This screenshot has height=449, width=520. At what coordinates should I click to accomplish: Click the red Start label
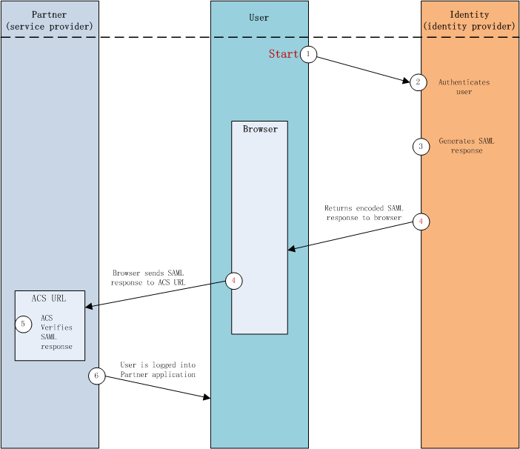(x=283, y=54)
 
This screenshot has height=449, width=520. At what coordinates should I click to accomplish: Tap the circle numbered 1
(x=308, y=54)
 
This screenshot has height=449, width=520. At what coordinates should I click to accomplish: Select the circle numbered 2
(x=419, y=82)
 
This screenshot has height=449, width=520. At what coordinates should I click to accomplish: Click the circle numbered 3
(x=421, y=147)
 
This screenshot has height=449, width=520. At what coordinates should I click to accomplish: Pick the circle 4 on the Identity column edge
(x=421, y=222)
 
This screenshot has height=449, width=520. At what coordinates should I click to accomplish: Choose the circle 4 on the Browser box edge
(x=234, y=282)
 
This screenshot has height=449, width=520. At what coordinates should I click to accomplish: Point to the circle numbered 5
(x=24, y=324)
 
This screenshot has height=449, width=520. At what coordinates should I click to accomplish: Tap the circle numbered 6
(x=96, y=376)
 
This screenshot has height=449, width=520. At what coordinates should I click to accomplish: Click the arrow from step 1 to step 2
(x=363, y=69)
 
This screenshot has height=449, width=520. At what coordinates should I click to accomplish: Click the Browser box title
(x=260, y=129)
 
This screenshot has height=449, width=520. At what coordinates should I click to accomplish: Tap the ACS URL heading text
(x=49, y=299)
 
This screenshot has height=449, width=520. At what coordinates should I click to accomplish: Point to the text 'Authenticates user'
(x=464, y=87)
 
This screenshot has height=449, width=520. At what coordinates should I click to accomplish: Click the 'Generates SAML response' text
(x=466, y=145)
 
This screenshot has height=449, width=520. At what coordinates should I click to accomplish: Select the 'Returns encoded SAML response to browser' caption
(x=363, y=213)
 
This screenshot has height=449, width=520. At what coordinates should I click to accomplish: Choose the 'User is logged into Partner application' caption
(x=158, y=370)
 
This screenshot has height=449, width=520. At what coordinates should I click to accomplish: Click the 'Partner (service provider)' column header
(x=50, y=21)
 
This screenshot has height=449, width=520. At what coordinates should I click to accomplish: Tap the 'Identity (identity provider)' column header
(x=470, y=21)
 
